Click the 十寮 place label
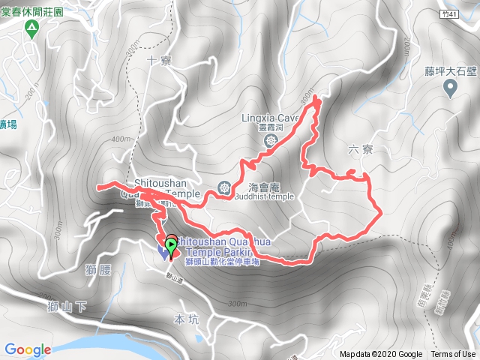[x=160, y=61]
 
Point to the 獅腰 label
[x=100, y=269]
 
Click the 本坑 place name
[x=184, y=319]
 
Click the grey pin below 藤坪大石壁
[x=451, y=89]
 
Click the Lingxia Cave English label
[x=271, y=118]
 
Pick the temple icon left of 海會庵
[x=223, y=186]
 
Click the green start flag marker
[x=172, y=243]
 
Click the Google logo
[x=27, y=349]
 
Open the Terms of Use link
[x=452, y=354]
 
